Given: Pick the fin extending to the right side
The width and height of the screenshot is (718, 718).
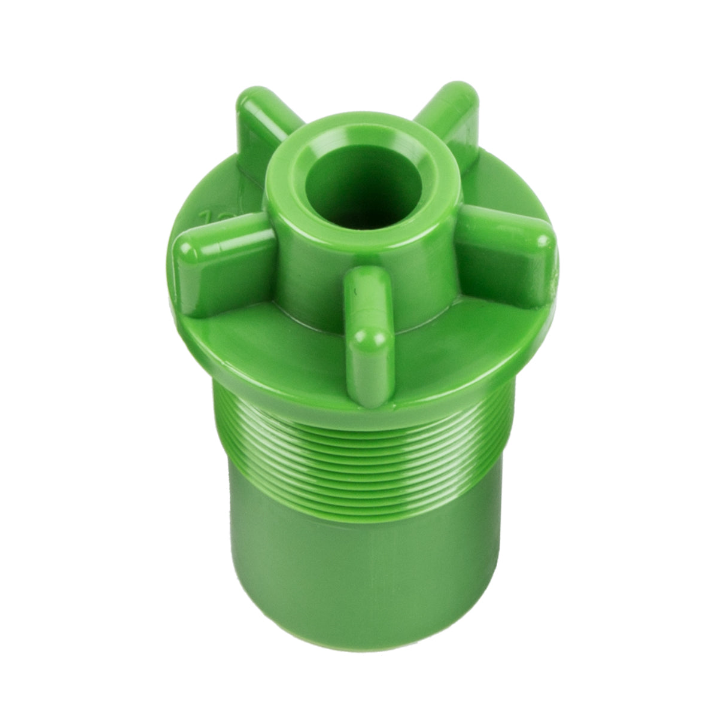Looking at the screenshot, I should pyautogui.click(x=509, y=251).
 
